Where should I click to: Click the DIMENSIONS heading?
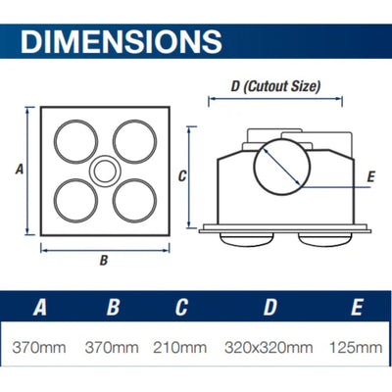(122, 41)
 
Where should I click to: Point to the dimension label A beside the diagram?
(20, 170)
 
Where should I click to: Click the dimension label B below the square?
(104, 261)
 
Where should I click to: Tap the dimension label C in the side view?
(182, 176)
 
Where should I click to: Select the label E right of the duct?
(370, 176)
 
